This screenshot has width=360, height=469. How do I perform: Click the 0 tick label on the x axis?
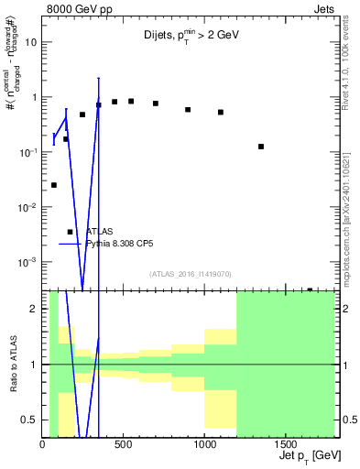tap(43, 444)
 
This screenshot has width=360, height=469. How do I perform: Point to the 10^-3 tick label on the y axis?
tap(27, 262)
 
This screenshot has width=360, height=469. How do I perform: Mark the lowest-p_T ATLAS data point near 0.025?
tap(53, 185)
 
